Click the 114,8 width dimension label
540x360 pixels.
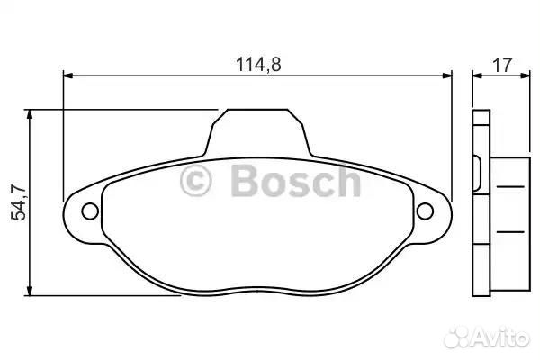pos(258,65)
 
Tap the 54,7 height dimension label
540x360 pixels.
pos(19,202)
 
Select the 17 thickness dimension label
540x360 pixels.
pos(503,65)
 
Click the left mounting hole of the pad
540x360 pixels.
pos(90,211)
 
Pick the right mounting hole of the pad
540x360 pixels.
pos(425,211)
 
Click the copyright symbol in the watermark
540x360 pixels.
pos(195,181)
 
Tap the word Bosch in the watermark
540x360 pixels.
pos(296,181)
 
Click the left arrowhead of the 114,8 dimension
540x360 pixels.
pos(68,76)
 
